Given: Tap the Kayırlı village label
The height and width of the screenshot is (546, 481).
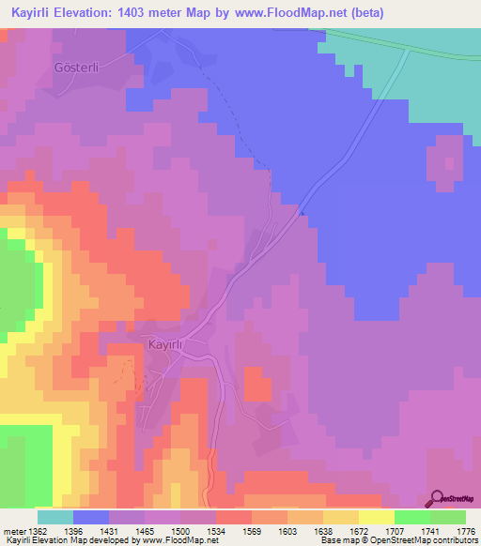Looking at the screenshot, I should [169, 345].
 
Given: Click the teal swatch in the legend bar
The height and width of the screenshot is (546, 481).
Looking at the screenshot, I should [55, 516].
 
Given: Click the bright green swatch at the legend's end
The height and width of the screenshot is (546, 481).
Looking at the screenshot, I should [448, 516].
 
